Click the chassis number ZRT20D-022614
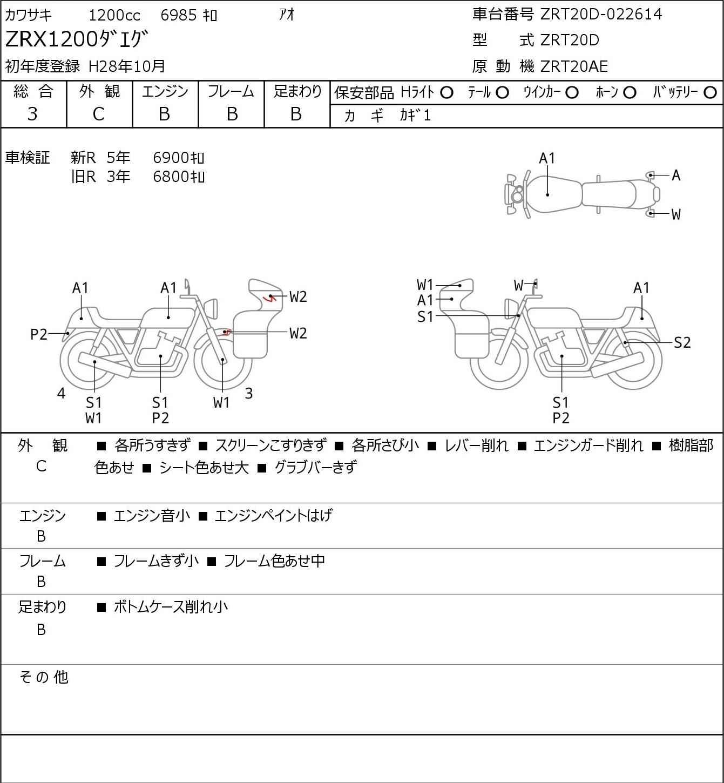601,15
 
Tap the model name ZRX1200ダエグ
77,39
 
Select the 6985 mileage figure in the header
179,15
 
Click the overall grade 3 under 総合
32,114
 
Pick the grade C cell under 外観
99,114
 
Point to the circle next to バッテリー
710,93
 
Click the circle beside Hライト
446,93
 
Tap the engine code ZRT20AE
574,66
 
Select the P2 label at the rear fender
39,334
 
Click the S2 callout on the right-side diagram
682,342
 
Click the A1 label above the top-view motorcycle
547,158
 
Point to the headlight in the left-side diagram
211,308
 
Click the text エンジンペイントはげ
274,516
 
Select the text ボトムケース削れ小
171,606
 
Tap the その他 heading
44,677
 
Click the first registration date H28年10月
126,66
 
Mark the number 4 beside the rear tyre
61,393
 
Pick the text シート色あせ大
204,468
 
